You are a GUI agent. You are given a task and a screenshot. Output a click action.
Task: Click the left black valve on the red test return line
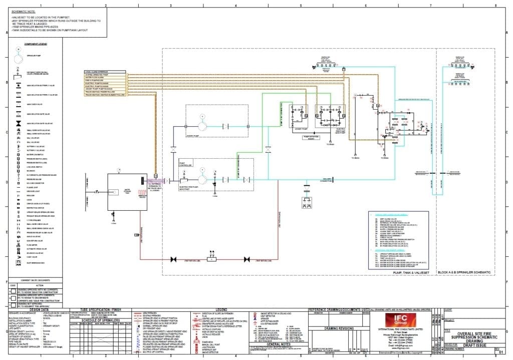click(x=173, y=259)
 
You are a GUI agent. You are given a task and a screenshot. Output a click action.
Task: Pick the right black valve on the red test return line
click(x=246, y=259)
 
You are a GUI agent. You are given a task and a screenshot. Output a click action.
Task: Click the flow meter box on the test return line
click(x=211, y=259)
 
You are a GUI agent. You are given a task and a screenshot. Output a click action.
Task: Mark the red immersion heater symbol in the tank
click(x=142, y=192)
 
